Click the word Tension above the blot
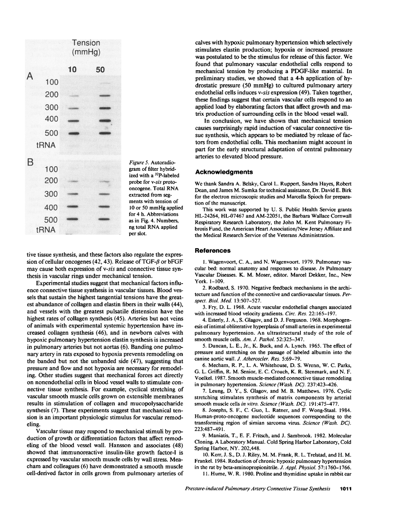pyautogui.click(x=86, y=43)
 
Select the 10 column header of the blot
pyautogui.click(x=72, y=70)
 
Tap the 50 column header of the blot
pyautogui.click(x=100, y=70)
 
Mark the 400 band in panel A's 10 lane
pyautogui.click(x=74, y=121)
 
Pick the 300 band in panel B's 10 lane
pyautogui.click(x=74, y=194)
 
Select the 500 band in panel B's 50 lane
pyautogui.click(x=103, y=220)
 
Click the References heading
pyautogui.click(x=213, y=250)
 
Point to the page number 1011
pyautogui.click(x=346, y=488)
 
